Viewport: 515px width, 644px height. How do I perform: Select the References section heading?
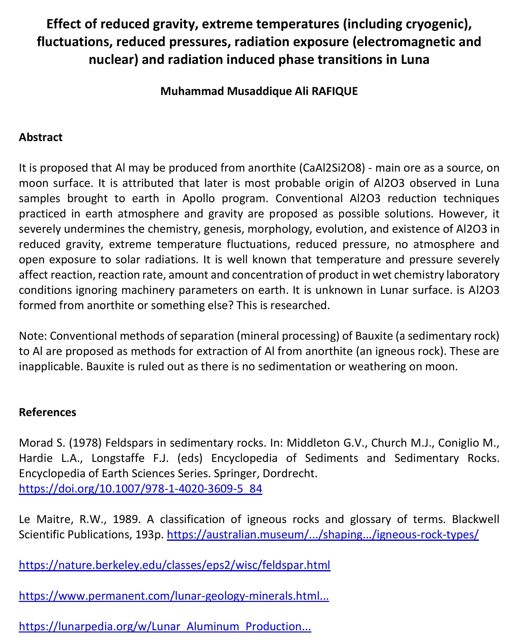48,412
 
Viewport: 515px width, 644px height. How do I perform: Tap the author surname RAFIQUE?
335,91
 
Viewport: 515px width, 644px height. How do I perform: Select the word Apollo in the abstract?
199,199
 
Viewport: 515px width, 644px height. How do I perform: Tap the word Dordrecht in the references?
290,473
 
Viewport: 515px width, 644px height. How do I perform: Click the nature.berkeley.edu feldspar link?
174,565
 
